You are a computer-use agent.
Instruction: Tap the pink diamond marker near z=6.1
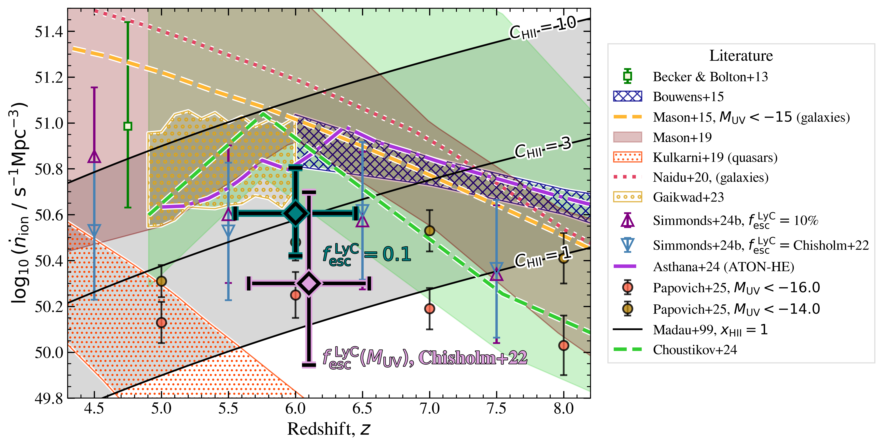click(x=309, y=283)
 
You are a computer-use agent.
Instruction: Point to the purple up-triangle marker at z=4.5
click(x=94, y=157)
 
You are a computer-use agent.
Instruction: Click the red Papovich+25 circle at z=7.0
click(x=429, y=308)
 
